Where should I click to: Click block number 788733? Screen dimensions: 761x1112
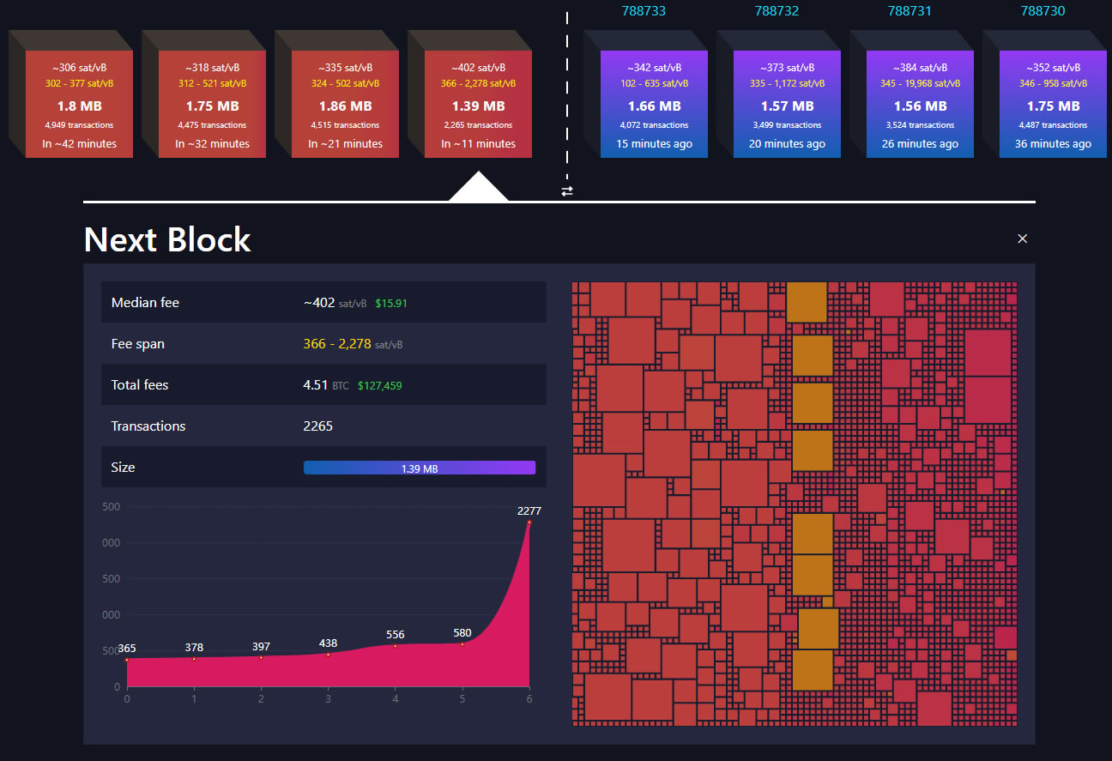tap(644, 11)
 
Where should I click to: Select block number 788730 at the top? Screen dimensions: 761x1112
tap(1042, 11)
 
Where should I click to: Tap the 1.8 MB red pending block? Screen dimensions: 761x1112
tap(79, 106)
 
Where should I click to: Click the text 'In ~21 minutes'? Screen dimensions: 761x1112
tap(345, 144)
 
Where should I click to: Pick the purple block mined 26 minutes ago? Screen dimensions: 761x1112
tap(920, 103)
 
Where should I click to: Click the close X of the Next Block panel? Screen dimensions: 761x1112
tap(1022, 239)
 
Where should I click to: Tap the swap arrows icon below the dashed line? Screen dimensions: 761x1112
tap(567, 191)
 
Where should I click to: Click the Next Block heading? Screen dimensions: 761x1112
tap(167, 239)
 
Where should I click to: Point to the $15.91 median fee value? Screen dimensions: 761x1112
tap(391, 304)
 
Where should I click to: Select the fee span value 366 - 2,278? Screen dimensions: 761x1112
tap(337, 344)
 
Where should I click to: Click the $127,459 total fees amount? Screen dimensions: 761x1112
tap(379, 386)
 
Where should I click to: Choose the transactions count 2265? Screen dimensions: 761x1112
tap(317, 426)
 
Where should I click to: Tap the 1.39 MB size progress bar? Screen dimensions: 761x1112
tap(419, 468)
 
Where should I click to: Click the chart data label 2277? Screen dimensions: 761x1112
tap(529, 511)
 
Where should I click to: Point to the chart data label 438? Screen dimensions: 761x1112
tap(328, 643)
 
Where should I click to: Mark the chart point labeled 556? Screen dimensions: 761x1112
tap(395, 645)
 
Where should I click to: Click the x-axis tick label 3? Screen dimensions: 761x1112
tap(328, 698)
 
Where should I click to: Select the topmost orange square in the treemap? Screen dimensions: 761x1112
tap(806, 302)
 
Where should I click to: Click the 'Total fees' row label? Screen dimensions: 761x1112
tap(139, 385)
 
